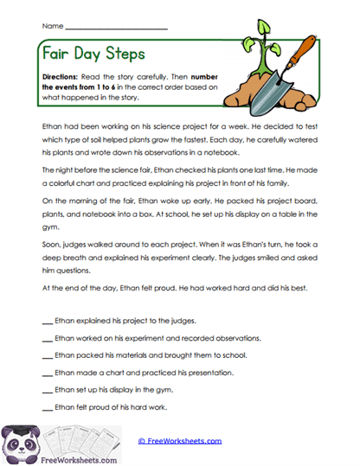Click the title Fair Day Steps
(x=94, y=55)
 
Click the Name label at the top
(x=52, y=27)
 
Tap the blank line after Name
(x=116, y=29)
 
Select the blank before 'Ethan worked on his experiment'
(x=47, y=338)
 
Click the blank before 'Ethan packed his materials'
(x=47, y=355)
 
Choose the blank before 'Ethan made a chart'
(x=47, y=373)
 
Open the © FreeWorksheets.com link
(x=179, y=440)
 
